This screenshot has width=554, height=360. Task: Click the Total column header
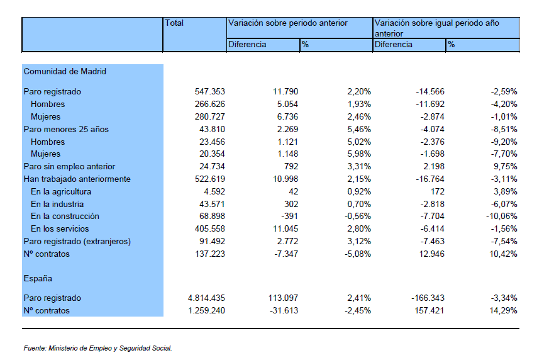pos(174,23)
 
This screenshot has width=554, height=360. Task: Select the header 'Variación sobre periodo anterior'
pos(287,23)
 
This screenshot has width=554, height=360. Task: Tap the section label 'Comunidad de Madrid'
pos(65,72)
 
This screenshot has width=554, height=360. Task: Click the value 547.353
pos(210,92)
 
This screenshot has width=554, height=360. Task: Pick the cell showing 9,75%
pos(504,167)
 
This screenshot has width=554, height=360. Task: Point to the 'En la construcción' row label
pos(65,216)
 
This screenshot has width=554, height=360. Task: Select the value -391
pos(289,216)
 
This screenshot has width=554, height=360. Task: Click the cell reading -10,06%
pos(502,216)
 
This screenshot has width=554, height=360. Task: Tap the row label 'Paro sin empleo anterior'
pos(69,167)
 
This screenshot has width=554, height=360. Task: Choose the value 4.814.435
pos(206,298)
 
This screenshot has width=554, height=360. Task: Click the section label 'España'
pos(38,279)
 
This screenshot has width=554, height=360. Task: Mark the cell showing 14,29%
pos(504,311)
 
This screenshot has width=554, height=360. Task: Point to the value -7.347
pos(286,254)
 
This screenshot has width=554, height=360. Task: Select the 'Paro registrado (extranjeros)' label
pos(77,242)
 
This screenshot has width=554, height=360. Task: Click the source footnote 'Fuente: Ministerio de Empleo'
pos(67,348)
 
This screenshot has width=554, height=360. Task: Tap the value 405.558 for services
pos(210,229)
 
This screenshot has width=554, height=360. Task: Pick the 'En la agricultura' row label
pos(61,192)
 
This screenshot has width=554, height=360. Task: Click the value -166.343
pos(428,298)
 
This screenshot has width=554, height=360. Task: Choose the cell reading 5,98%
pos(359,154)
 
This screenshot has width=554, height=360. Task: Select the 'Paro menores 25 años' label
pos(66,130)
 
